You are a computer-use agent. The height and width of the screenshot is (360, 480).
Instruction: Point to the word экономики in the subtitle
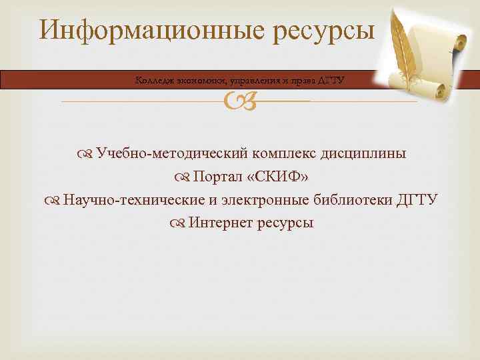tap(197, 81)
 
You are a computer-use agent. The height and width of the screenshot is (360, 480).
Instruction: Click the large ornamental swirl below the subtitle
tap(239, 102)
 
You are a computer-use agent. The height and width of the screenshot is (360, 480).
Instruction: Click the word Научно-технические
tap(124, 201)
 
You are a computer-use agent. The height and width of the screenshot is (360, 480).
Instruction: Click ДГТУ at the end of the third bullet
tap(417, 201)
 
